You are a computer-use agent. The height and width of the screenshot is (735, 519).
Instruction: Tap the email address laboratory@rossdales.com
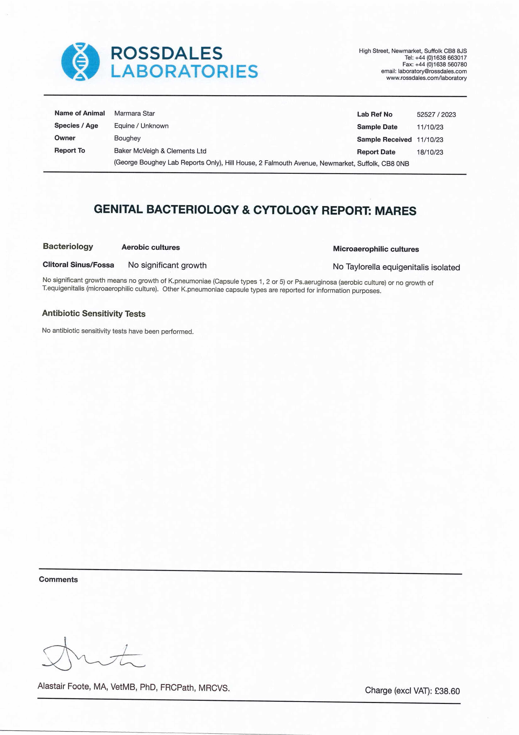pyautogui.click(x=432, y=71)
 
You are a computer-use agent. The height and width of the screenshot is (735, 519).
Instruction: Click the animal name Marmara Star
pyautogui.click(x=134, y=113)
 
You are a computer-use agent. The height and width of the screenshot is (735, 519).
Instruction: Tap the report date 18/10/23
pyautogui.click(x=430, y=152)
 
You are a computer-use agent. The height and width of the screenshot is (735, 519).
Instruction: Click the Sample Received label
pyautogui.click(x=384, y=140)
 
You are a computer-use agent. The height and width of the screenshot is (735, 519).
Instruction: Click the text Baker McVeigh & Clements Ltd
pyautogui.click(x=160, y=151)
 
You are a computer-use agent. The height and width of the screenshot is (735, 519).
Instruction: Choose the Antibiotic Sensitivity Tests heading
pyautogui.click(x=94, y=313)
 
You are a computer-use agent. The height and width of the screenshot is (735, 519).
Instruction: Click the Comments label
pyautogui.click(x=58, y=579)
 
